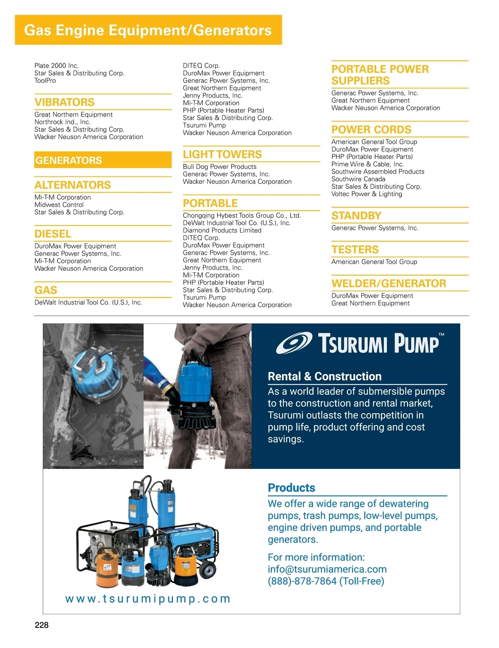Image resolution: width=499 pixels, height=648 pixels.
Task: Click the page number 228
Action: [x=42, y=625]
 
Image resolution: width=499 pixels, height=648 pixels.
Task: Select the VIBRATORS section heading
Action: [x=64, y=102]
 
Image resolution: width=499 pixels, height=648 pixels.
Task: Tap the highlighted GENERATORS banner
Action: [x=103, y=160]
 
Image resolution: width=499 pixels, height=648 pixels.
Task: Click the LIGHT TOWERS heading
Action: [x=222, y=154]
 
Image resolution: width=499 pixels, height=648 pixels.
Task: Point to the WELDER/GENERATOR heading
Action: [x=389, y=284]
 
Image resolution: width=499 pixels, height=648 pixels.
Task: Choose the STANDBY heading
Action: [x=356, y=216]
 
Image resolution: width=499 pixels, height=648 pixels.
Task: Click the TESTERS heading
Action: [x=355, y=250]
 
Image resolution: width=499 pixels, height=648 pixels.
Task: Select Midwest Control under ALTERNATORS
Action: [x=59, y=205]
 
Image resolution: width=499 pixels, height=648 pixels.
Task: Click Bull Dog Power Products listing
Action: [x=220, y=167]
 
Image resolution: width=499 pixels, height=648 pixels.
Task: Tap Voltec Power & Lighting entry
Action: [x=367, y=194]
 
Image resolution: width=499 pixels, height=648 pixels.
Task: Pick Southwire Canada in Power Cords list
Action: [x=358, y=179]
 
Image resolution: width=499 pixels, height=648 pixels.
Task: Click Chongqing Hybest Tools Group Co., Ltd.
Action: [x=242, y=215]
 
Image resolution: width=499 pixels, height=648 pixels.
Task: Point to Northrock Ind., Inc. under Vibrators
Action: [x=62, y=122]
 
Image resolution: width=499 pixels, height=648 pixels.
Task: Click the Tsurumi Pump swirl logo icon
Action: [x=294, y=343]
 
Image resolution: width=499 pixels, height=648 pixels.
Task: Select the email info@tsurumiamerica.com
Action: [x=327, y=569]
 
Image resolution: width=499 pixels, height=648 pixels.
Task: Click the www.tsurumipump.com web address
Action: [x=148, y=599]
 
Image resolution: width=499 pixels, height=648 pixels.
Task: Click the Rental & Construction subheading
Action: [x=325, y=376]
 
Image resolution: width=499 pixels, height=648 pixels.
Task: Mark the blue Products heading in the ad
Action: [x=291, y=488]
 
